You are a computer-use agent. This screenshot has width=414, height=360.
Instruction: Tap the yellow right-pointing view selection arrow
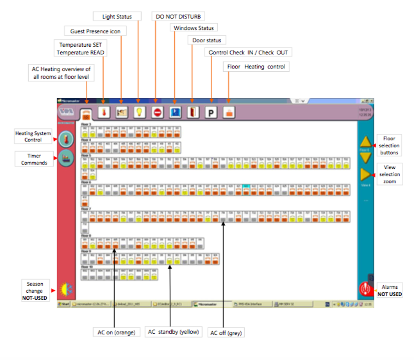pos(365,175)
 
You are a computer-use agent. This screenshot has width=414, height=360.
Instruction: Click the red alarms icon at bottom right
pos(365,289)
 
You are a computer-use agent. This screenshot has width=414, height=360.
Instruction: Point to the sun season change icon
pos(65,290)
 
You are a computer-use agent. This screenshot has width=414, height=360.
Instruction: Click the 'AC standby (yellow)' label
pos(174,332)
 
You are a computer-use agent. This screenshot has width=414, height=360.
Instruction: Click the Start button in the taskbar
pos(63,304)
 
